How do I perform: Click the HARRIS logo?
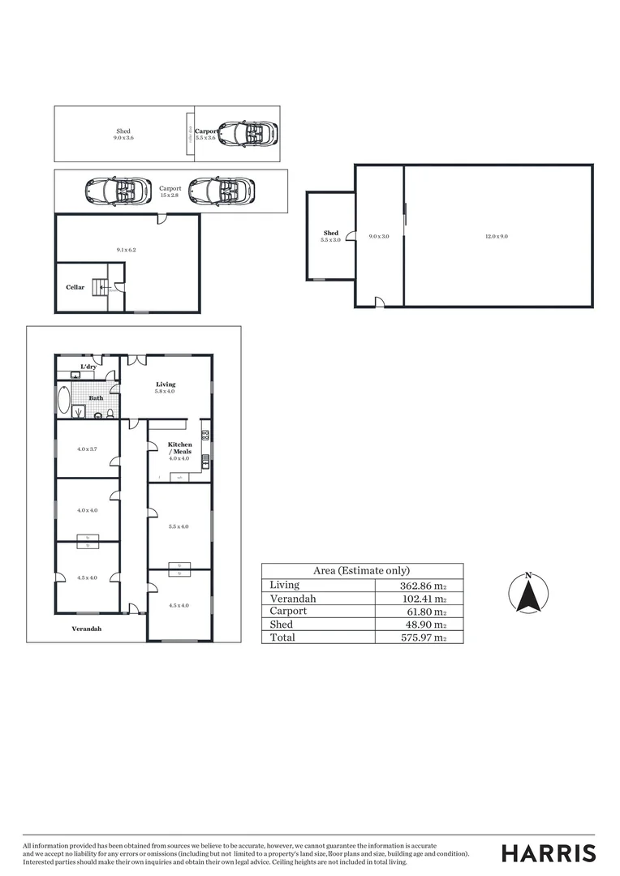pos(549,853)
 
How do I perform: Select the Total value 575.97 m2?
pos(417,638)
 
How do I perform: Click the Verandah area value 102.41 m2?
pos(417,599)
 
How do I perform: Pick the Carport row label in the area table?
pos(288,611)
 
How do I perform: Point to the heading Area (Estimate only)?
pos(361,570)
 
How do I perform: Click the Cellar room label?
pos(75,287)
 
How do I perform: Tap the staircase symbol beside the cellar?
pos(100,286)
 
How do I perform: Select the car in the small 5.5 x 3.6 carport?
pos(248,132)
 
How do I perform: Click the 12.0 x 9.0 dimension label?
pos(497,236)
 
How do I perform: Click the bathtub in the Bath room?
pos(64,400)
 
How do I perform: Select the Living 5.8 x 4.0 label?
pos(165,388)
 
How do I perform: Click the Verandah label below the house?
pos(87,629)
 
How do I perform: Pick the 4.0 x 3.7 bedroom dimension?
pos(87,449)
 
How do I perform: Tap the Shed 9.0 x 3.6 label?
pos(123,135)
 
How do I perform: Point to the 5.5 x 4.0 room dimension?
pos(179,526)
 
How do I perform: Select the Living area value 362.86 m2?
pos(417,585)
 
